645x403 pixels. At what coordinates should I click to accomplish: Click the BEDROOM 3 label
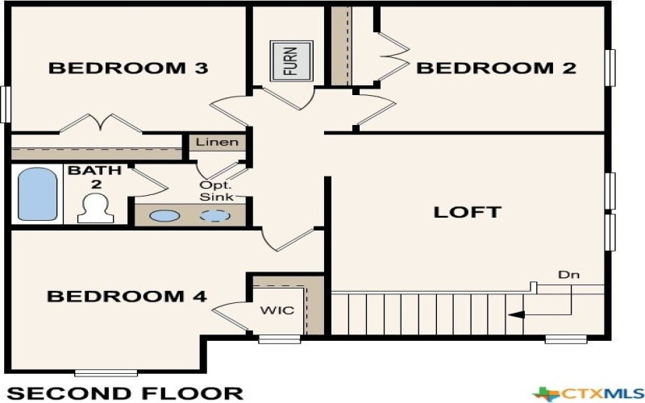(129, 69)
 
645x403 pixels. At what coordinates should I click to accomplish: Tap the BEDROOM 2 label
(496, 69)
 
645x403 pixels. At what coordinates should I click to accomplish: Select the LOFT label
(468, 213)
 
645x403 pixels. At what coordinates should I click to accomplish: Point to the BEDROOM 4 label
(127, 297)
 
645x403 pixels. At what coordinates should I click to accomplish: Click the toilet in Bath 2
(95, 208)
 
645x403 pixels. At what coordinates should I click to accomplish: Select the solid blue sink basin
(165, 216)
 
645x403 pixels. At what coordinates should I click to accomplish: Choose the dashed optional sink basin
(214, 216)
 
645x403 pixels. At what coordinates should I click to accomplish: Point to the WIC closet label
(277, 310)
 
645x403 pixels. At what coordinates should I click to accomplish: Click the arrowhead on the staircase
(517, 314)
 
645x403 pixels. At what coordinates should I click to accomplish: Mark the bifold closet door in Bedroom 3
(101, 123)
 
